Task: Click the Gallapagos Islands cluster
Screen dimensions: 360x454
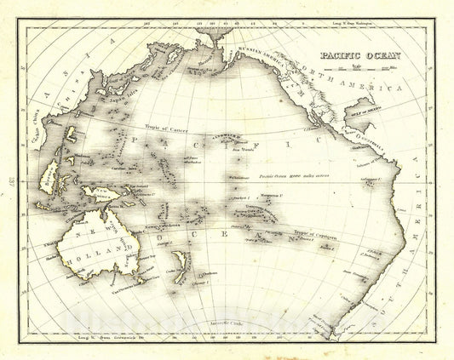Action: (367, 180)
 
